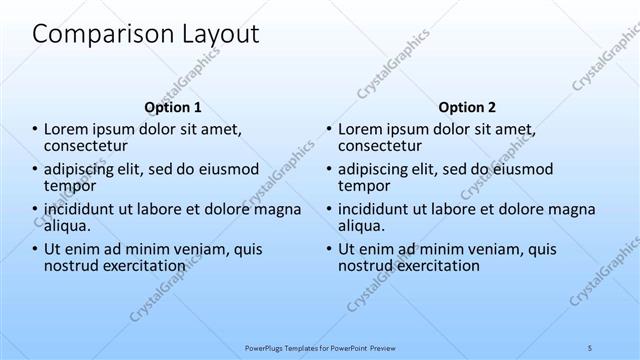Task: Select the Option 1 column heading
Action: pyautogui.click(x=173, y=107)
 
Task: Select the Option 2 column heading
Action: pyautogui.click(x=466, y=107)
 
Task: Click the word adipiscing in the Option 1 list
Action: pyautogui.click(x=85, y=169)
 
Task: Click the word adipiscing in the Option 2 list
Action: pyautogui.click(x=379, y=169)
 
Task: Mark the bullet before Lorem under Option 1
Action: pyautogui.click(x=34, y=130)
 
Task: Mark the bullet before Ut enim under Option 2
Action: pyautogui.click(x=328, y=250)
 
